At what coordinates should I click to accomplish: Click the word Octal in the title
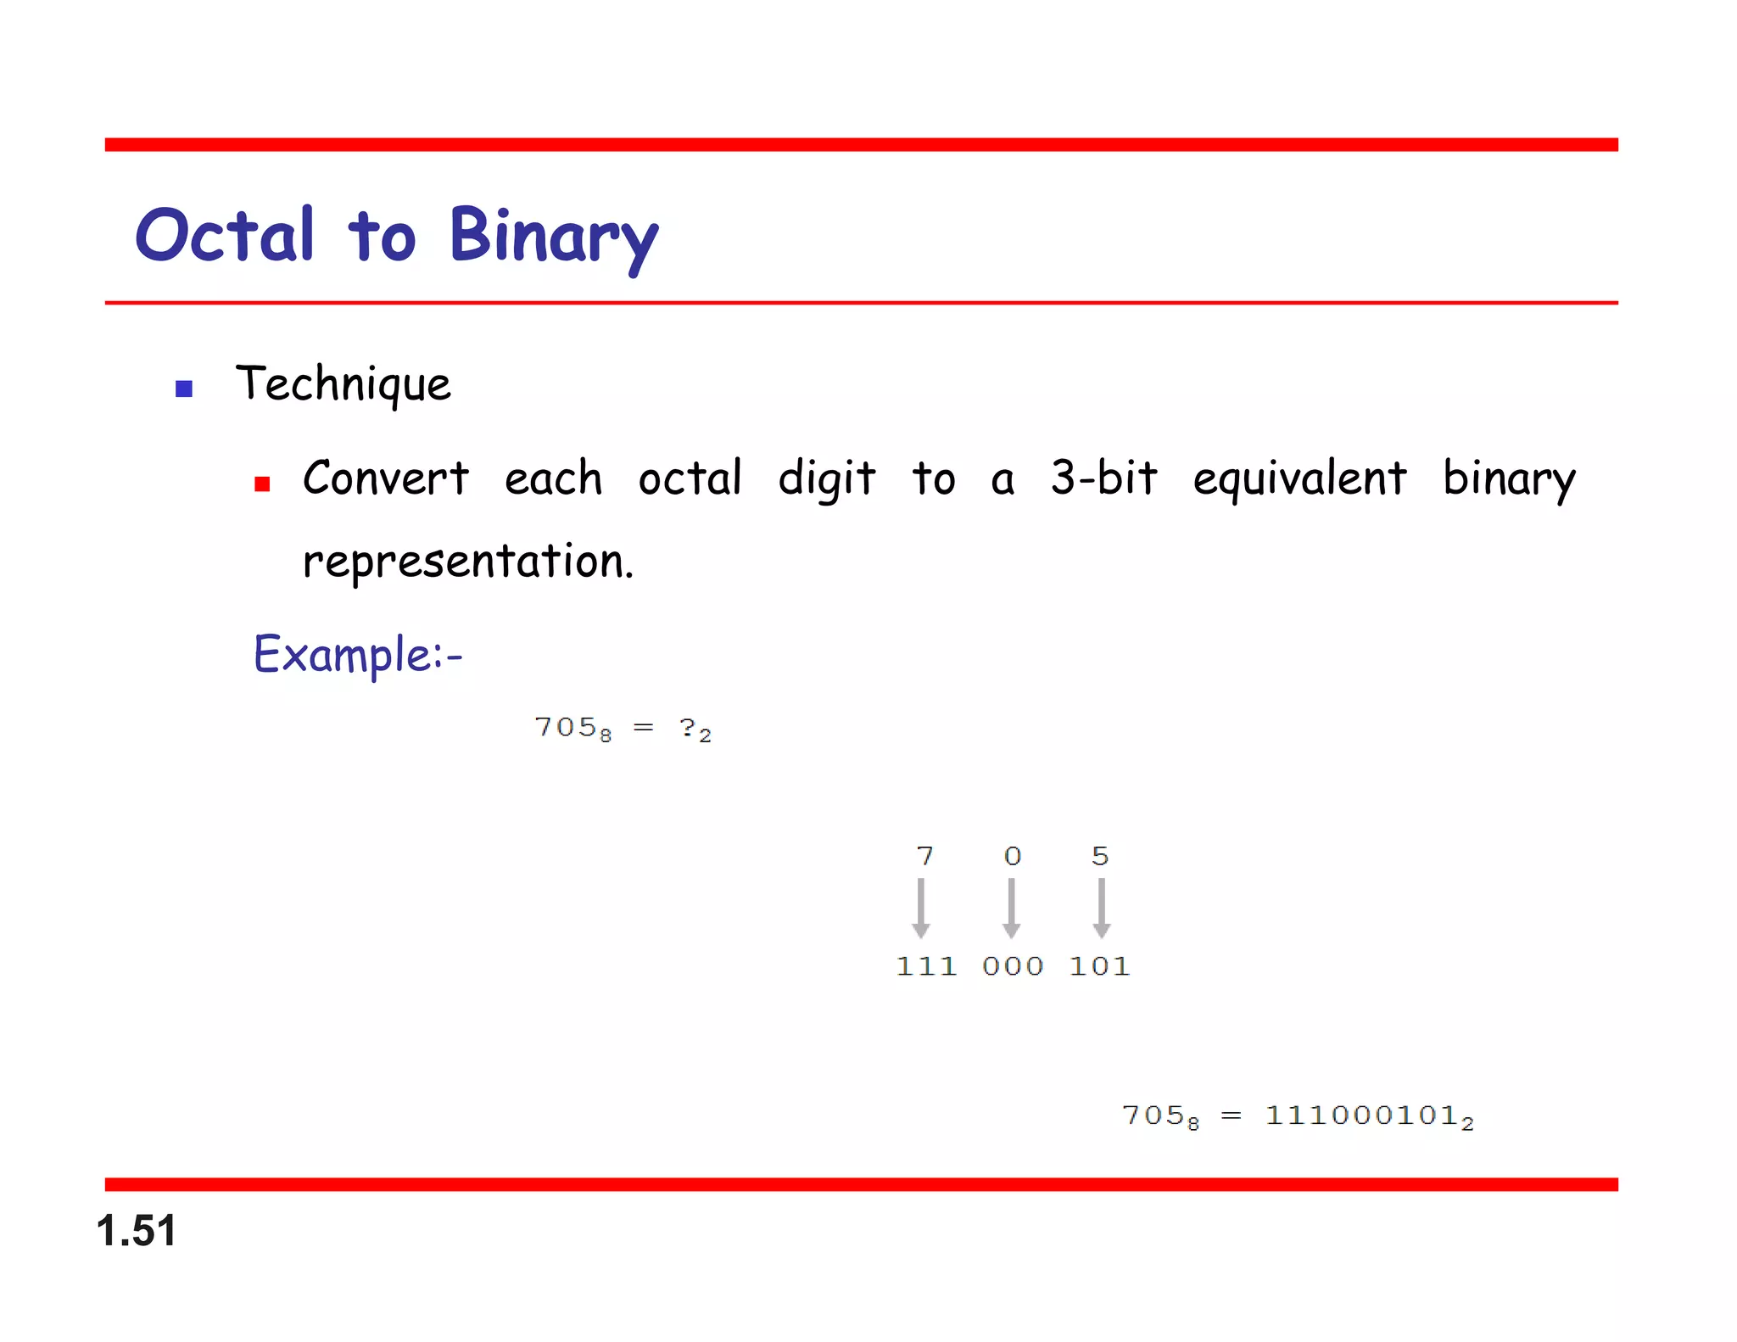[225, 235]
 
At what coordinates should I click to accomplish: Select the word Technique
[343, 384]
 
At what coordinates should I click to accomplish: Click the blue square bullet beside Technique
[184, 389]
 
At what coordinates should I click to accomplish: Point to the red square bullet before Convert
[262, 484]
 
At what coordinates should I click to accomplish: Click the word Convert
[386, 478]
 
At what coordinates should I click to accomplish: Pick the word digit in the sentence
[827, 478]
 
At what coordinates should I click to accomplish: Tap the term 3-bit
[1103, 478]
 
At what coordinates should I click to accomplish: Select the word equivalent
[1299, 478]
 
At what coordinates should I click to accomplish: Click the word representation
[467, 561]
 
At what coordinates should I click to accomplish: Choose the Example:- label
[358, 654]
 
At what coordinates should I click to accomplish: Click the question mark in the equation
[687, 727]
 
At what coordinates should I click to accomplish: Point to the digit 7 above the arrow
[924, 856]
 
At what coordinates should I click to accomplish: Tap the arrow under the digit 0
[1011, 908]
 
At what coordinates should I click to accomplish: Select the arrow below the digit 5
[1101, 908]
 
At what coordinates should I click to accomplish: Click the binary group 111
[926, 966]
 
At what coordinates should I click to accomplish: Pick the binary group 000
[1013, 966]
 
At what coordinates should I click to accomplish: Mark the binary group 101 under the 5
[1099, 966]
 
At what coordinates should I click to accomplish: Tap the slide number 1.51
[137, 1230]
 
